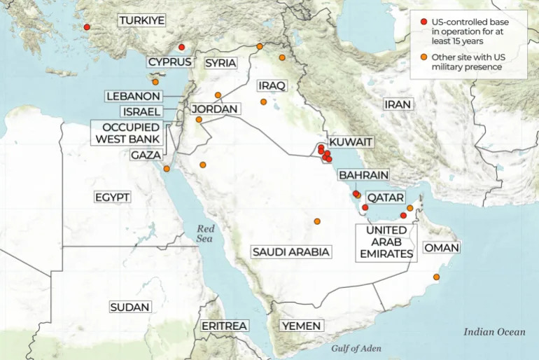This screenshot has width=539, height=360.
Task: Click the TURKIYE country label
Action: (x=142, y=21)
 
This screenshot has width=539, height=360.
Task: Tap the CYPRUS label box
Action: (x=170, y=62)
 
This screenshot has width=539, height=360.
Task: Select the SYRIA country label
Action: (x=220, y=63)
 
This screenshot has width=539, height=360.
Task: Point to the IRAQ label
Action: (x=272, y=85)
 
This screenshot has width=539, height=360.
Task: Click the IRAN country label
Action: (x=398, y=104)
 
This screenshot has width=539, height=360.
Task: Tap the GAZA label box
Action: (x=146, y=154)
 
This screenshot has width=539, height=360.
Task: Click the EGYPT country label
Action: (x=112, y=198)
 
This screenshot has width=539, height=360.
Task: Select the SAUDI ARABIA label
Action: (x=291, y=251)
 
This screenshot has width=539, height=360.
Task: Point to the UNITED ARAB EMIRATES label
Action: (x=386, y=242)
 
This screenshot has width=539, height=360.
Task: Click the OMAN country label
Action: (x=442, y=248)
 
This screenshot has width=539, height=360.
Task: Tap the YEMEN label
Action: (x=301, y=326)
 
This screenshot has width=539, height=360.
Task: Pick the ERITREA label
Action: (x=224, y=326)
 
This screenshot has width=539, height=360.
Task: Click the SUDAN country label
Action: (x=130, y=307)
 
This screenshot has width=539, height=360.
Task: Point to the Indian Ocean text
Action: (x=494, y=332)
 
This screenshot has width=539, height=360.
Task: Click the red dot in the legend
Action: (x=423, y=22)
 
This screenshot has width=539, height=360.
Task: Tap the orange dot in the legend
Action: (x=423, y=57)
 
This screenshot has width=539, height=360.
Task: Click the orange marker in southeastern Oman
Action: (x=437, y=277)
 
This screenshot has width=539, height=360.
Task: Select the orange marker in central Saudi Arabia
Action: (x=317, y=221)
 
